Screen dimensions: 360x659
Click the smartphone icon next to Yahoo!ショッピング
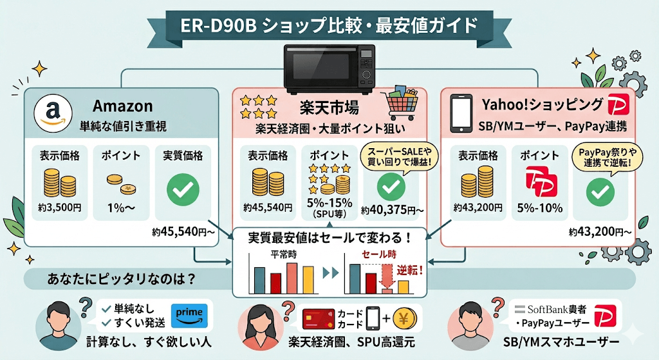point(461,113)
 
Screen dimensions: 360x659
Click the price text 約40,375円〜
point(392,210)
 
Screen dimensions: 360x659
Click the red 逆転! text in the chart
point(409,269)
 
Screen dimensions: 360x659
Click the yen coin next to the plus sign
point(404,318)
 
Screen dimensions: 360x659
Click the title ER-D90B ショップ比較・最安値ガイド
point(329,26)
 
